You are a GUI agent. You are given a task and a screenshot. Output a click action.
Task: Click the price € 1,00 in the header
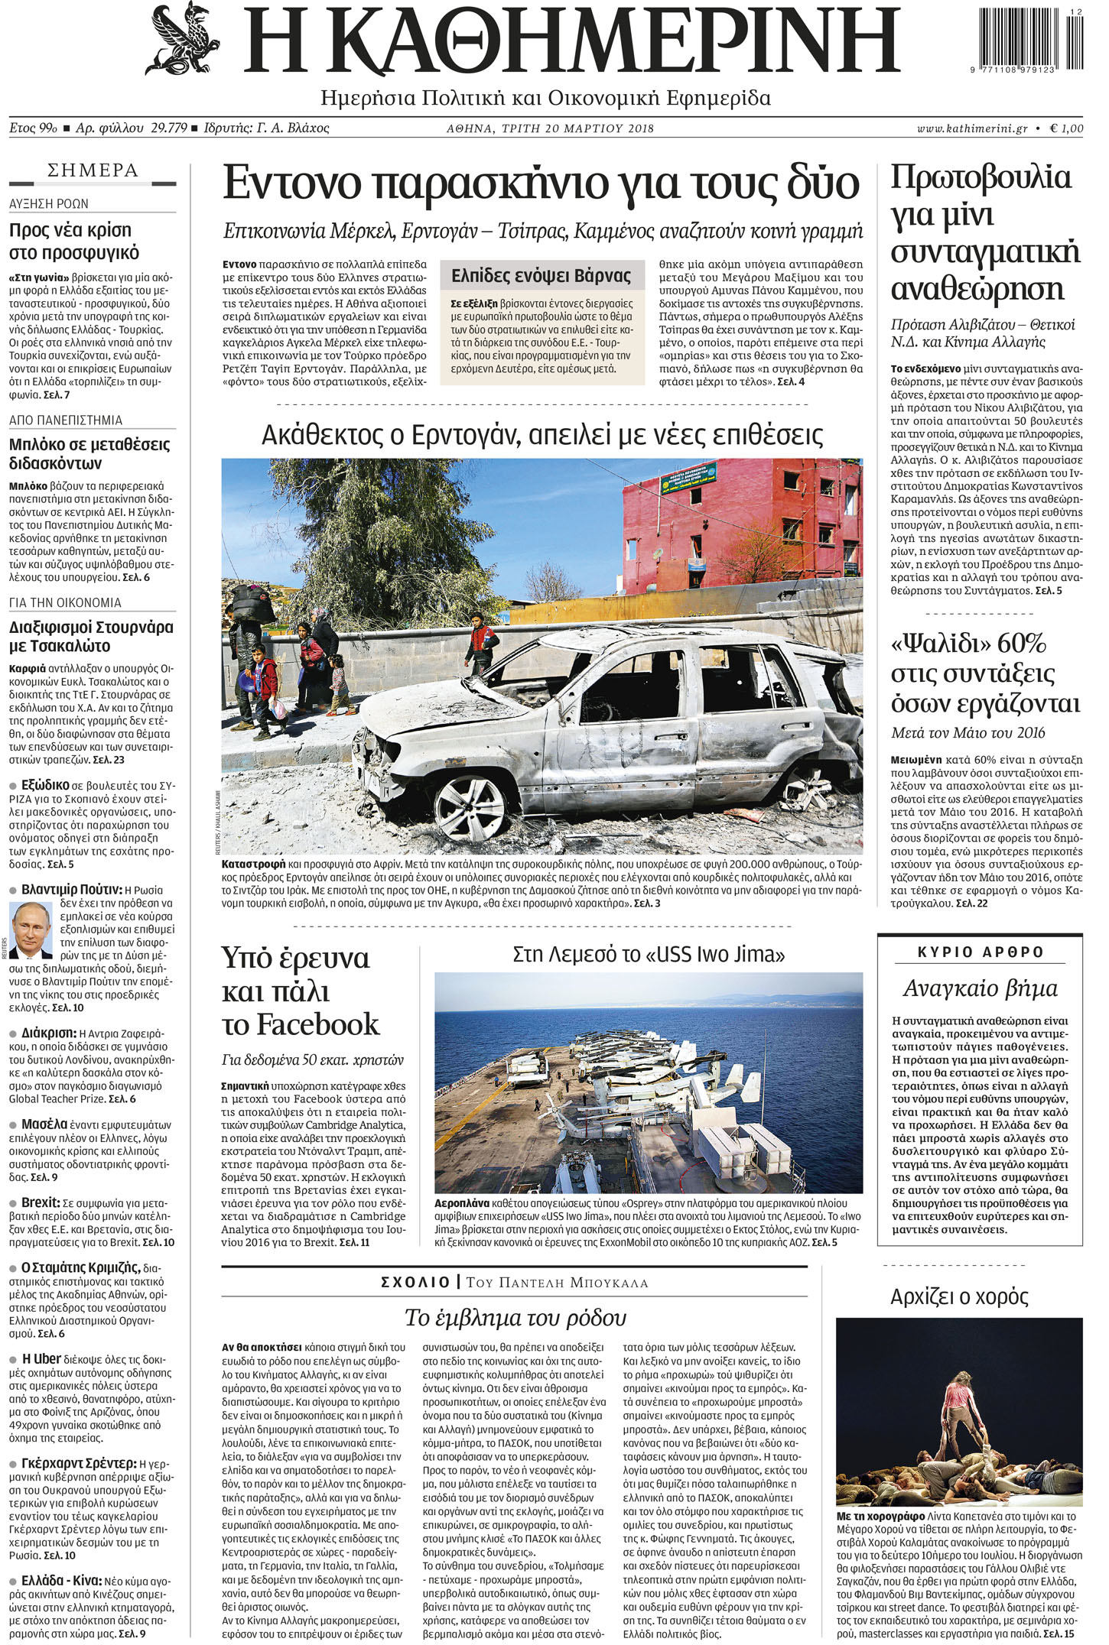[1066, 128]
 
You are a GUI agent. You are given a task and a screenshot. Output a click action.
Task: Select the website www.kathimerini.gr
[972, 128]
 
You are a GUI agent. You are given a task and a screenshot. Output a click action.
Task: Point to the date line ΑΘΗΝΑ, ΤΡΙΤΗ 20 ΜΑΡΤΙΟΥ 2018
[550, 128]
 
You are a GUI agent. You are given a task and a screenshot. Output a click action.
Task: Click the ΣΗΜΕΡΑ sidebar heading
[93, 170]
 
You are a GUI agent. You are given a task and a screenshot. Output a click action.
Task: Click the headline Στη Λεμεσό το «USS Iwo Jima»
[648, 954]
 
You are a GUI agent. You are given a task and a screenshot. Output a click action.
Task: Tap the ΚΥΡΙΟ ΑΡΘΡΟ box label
[980, 952]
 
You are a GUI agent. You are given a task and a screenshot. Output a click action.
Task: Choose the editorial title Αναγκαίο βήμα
[980, 988]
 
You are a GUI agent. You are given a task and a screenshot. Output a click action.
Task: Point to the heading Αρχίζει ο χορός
[959, 1296]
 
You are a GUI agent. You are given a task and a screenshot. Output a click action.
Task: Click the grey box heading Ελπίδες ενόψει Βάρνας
[541, 275]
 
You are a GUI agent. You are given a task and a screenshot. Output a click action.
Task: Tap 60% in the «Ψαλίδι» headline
[1021, 643]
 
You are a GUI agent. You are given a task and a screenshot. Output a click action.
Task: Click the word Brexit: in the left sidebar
[41, 1202]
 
